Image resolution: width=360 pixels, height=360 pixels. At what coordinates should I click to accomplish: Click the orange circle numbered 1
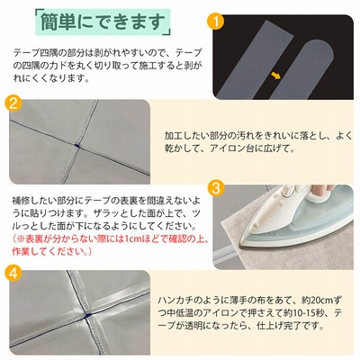pos(215,22)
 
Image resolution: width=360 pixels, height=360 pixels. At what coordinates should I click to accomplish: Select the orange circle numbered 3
pos(216,188)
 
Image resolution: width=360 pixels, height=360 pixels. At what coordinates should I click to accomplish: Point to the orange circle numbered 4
pos(13,273)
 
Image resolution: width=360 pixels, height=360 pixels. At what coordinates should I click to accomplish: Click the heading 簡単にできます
pos(103,22)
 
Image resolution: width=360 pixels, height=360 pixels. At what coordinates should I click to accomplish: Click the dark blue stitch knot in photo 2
pos(77,146)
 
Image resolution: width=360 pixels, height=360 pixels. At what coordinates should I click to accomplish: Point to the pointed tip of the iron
pos(241,246)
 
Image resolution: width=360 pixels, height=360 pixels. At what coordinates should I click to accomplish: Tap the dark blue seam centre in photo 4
pos(87,316)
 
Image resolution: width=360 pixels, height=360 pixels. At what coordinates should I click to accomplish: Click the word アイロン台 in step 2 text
pos(229,148)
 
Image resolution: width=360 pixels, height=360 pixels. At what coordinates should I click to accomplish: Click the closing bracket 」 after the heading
pos(168,29)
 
